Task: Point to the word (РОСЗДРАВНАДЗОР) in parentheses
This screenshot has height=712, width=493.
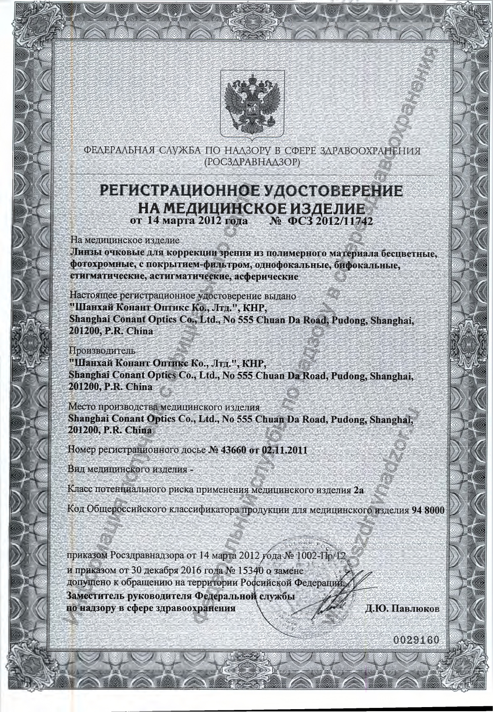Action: tap(252, 163)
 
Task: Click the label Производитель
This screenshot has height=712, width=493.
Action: tap(102, 351)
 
